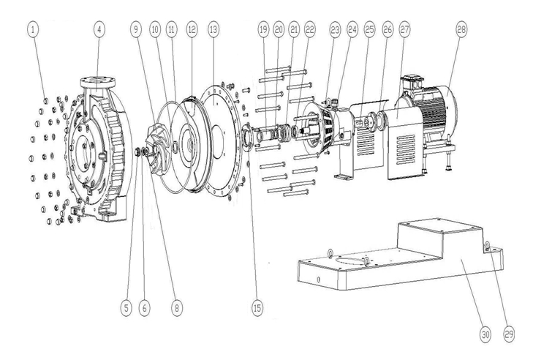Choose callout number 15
(257, 308)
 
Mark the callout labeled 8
(175, 308)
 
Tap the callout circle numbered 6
(145, 308)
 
